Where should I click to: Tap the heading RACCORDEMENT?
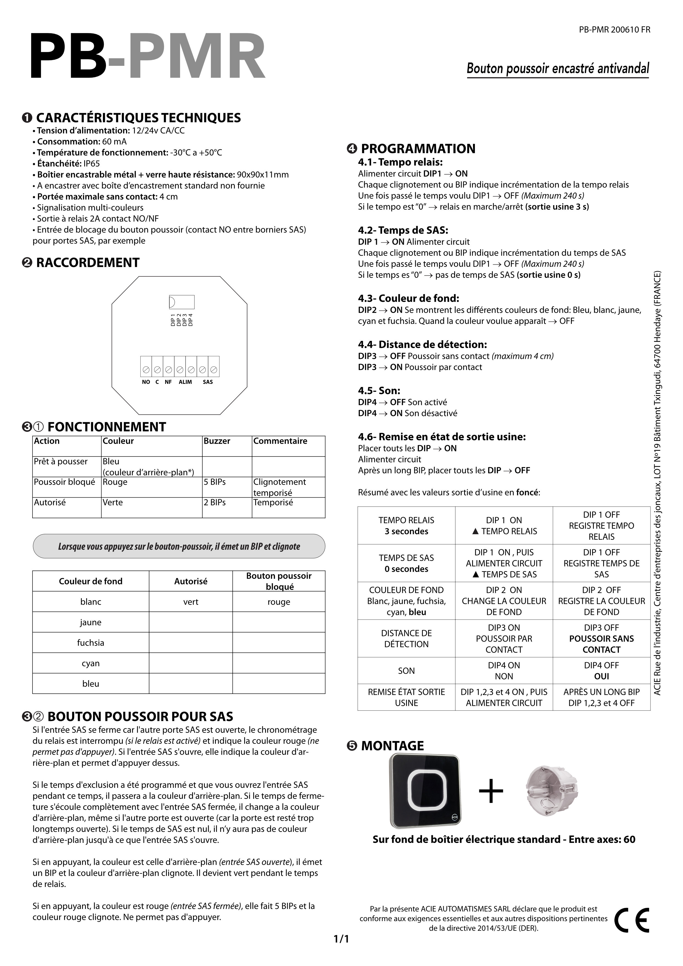tap(88, 262)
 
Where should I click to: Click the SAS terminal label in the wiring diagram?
tap(208, 382)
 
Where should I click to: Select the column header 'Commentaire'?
tap(280, 441)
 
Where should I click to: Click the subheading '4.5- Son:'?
tap(379, 390)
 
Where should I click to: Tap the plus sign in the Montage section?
tap(491, 791)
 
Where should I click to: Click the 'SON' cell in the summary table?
tap(406, 671)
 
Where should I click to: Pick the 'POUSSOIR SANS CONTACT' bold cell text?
tap(602, 644)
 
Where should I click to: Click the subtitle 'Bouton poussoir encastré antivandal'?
tap(558, 69)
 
